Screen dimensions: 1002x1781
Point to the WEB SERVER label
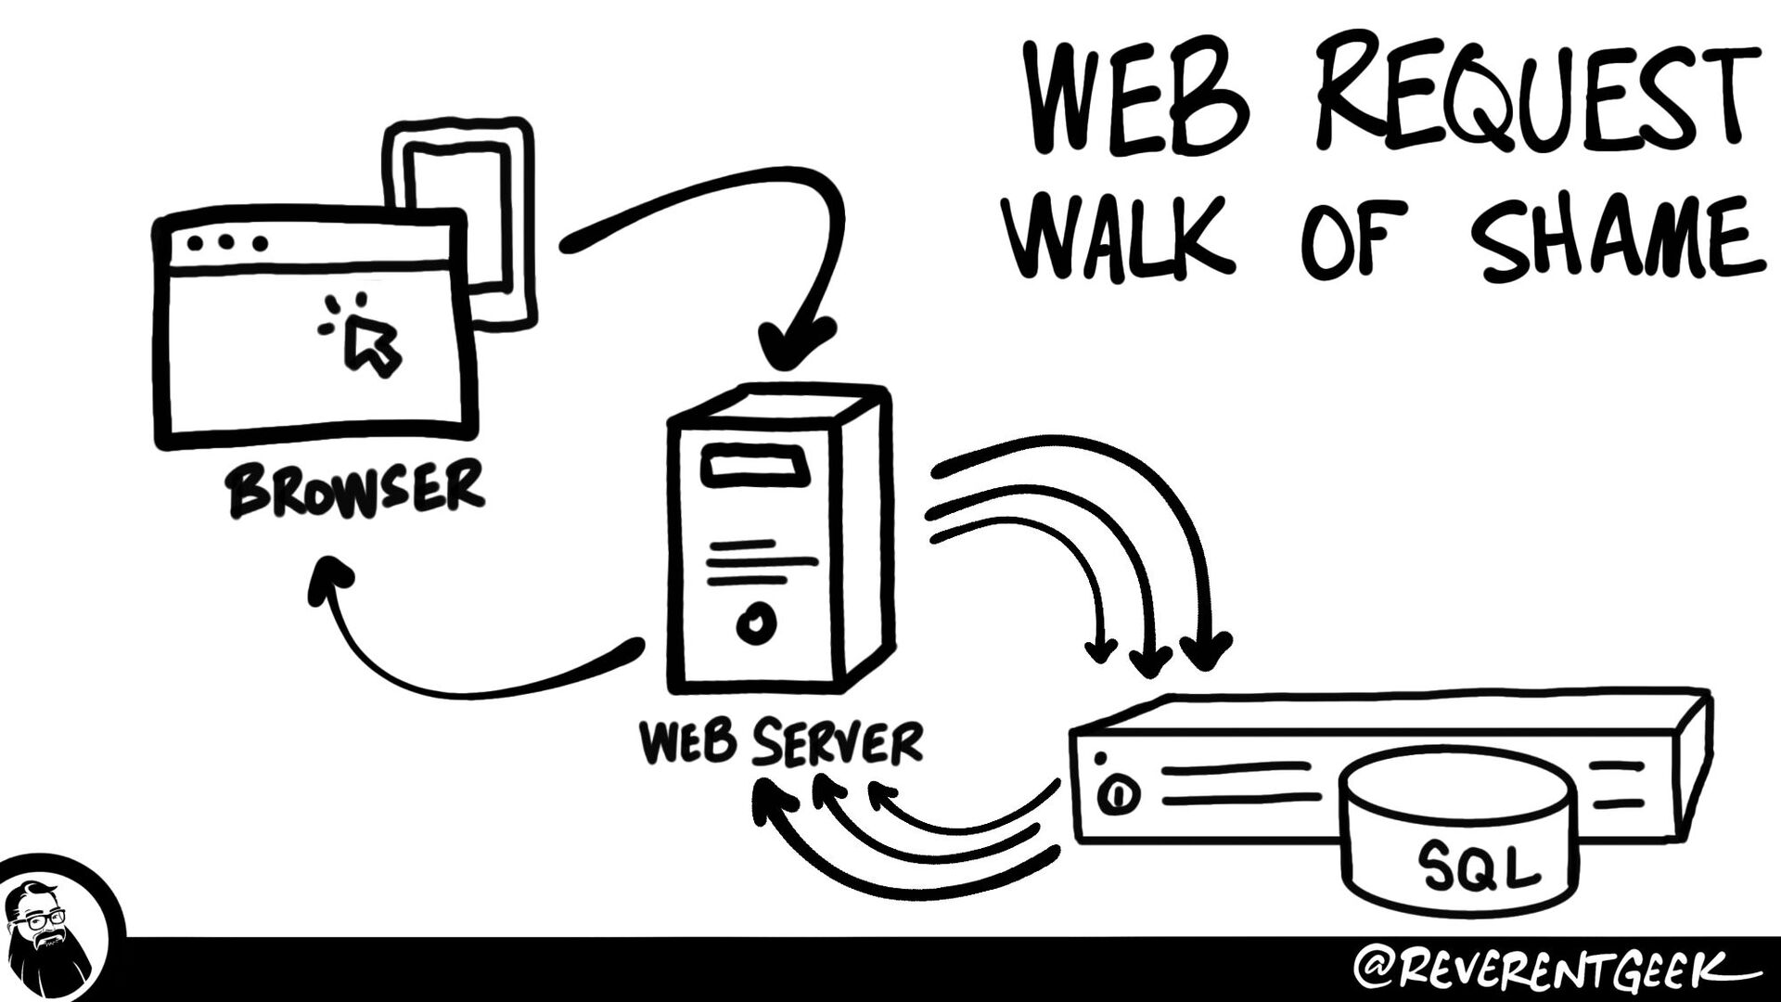pyautogui.click(x=782, y=742)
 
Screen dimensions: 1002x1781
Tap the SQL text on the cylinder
pyautogui.click(x=1478, y=867)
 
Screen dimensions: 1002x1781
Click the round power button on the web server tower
pyautogui.click(x=756, y=623)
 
